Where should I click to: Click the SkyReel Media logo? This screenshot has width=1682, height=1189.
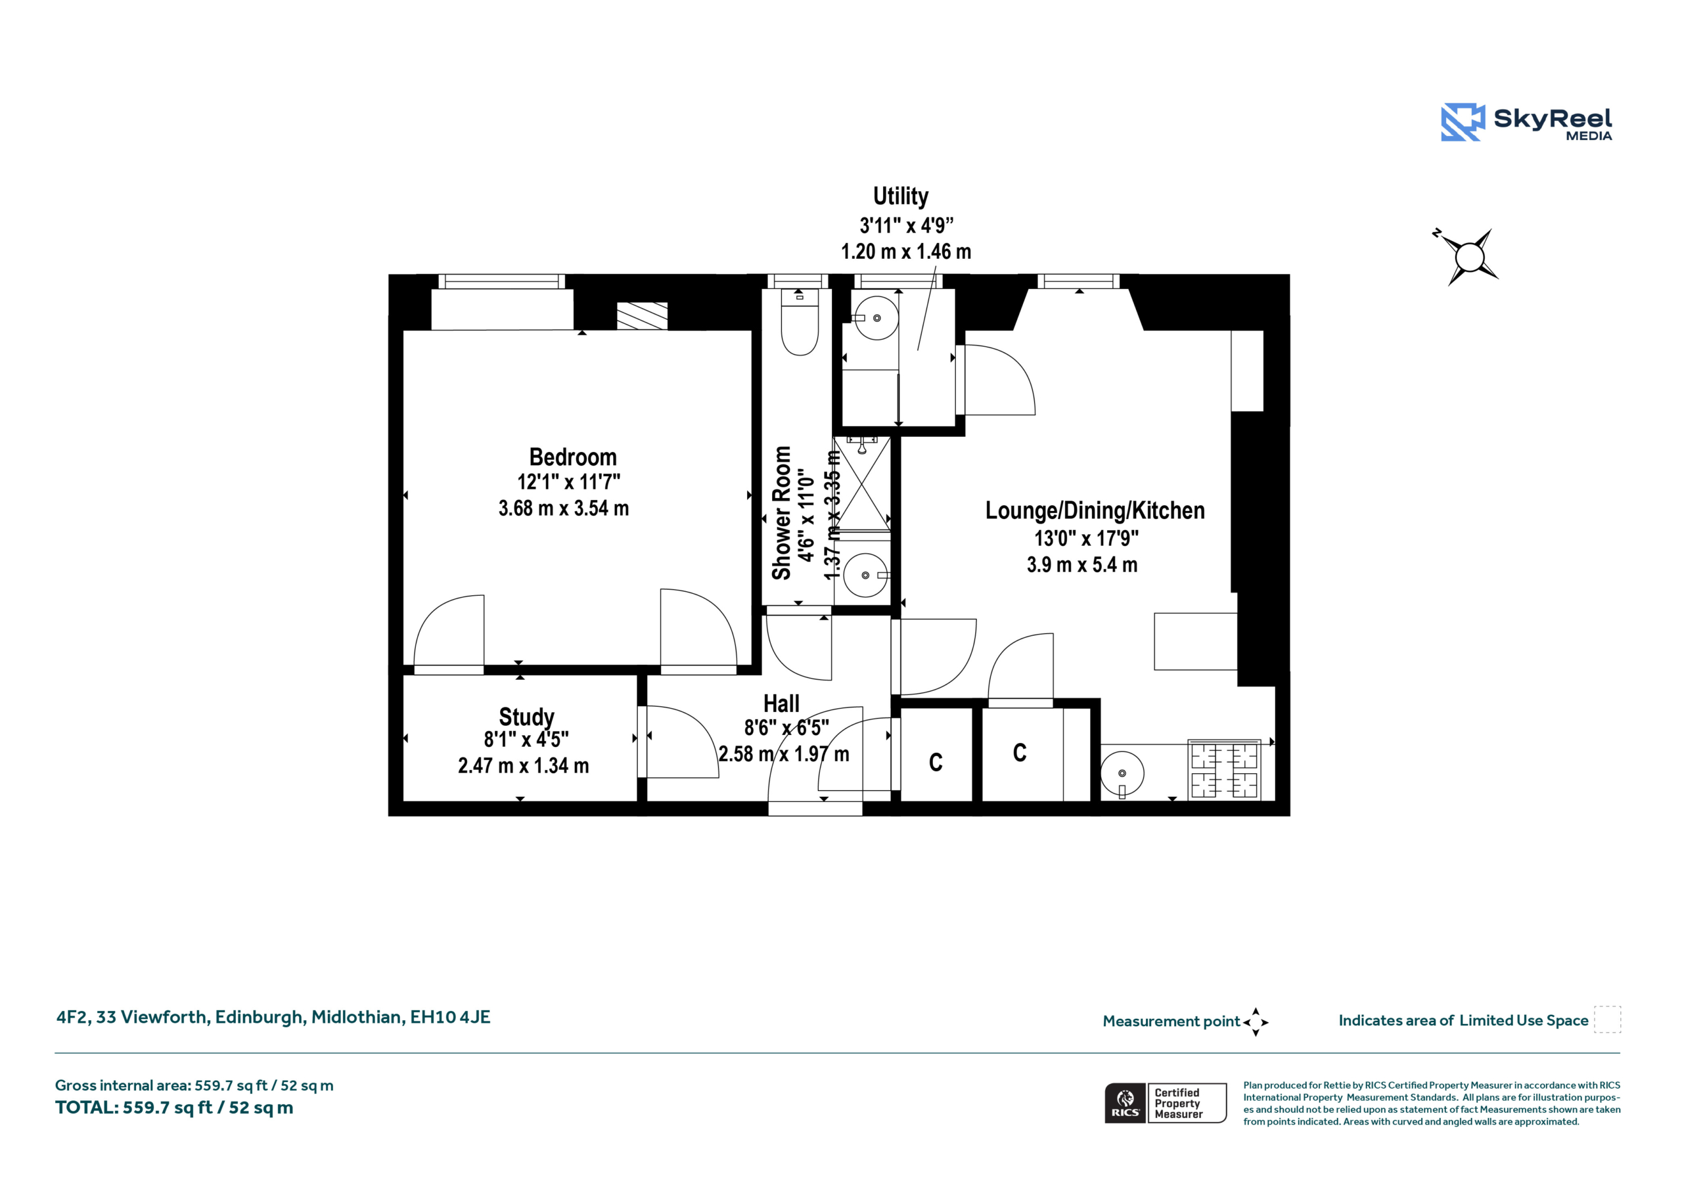click(1526, 122)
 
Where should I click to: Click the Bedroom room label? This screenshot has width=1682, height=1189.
click(573, 457)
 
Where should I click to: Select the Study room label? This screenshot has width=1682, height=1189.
click(527, 716)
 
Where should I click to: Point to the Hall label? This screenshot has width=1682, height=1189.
click(781, 704)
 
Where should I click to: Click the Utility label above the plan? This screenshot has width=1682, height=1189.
click(900, 196)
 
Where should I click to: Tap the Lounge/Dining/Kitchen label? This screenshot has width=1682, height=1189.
click(1095, 510)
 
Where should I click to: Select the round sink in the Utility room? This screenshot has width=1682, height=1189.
click(877, 318)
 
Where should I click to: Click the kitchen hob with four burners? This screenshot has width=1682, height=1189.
click(1224, 770)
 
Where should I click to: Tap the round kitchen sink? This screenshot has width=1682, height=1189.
click(1122, 773)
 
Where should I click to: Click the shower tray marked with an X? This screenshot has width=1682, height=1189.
click(862, 483)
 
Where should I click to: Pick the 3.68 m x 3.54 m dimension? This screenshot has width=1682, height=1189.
click(563, 508)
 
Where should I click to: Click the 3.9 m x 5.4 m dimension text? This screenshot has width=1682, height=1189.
click(1082, 565)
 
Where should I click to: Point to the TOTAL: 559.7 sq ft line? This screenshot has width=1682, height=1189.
click(174, 1108)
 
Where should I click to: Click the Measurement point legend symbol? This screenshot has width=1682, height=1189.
click(1256, 1022)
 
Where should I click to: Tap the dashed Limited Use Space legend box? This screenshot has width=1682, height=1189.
click(1607, 1020)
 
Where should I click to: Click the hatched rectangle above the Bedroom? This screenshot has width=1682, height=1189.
click(643, 317)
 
